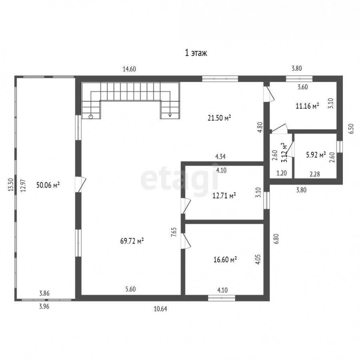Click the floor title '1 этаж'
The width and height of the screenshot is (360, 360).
(x=196, y=53)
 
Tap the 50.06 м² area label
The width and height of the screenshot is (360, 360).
(x=48, y=185)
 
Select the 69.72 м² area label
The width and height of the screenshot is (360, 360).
(x=132, y=241)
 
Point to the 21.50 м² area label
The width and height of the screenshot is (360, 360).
(x=219, y=118)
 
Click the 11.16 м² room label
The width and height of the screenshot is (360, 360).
(x=308, y=106)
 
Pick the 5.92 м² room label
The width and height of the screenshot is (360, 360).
(x=316, y=155)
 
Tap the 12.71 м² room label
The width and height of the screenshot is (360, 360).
(x=224, y=196)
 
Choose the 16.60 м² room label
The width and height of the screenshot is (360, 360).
(x=225, y=260)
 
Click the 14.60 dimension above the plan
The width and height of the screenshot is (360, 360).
(x=129, y=69)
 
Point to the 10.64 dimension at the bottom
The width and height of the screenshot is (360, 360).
(x=160, y=309)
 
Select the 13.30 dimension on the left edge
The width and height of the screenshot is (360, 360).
(x=10, y=185)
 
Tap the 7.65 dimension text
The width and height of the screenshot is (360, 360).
(x=174, y=232)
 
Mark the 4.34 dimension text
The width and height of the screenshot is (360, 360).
(x=220, y=156)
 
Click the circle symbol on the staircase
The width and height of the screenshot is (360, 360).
(x=91, y=117)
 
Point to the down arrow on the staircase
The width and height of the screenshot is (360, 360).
(x=170, y=115)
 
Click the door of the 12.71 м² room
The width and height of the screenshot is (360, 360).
(x=186, y=206)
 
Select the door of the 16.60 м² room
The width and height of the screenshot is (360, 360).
(x=186, y=241)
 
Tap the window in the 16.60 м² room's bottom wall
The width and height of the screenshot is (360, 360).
(x=222, y=298)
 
